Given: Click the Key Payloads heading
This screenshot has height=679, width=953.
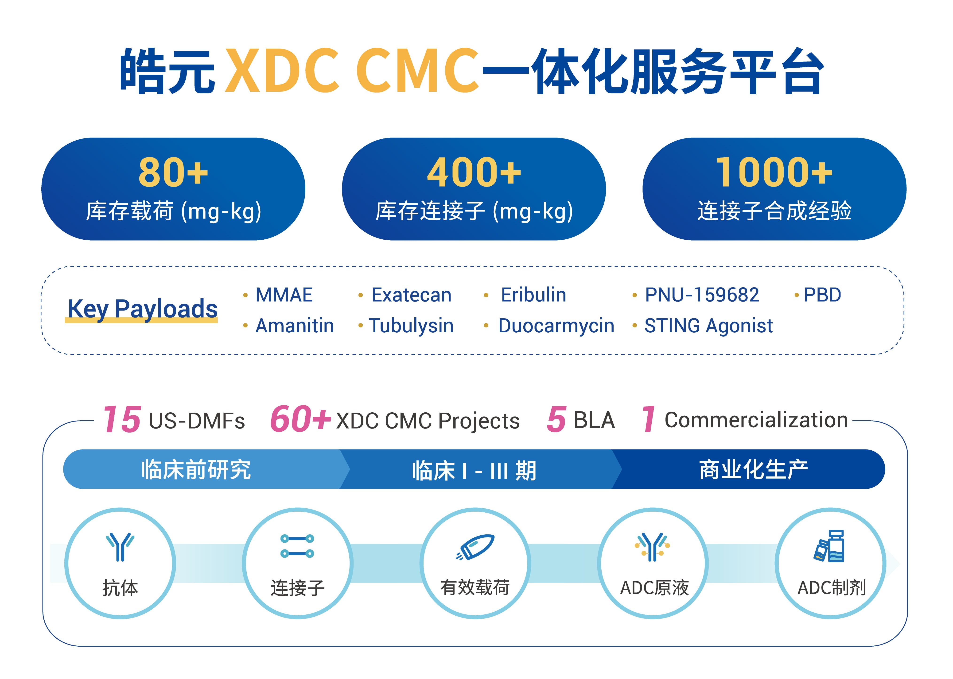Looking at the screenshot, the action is tap(143, 309).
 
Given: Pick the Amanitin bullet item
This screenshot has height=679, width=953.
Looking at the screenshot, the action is tap(295, 326).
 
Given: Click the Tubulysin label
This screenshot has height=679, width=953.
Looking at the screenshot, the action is tap(411, 326).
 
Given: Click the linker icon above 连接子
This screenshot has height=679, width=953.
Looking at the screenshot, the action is tap(297, 546).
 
